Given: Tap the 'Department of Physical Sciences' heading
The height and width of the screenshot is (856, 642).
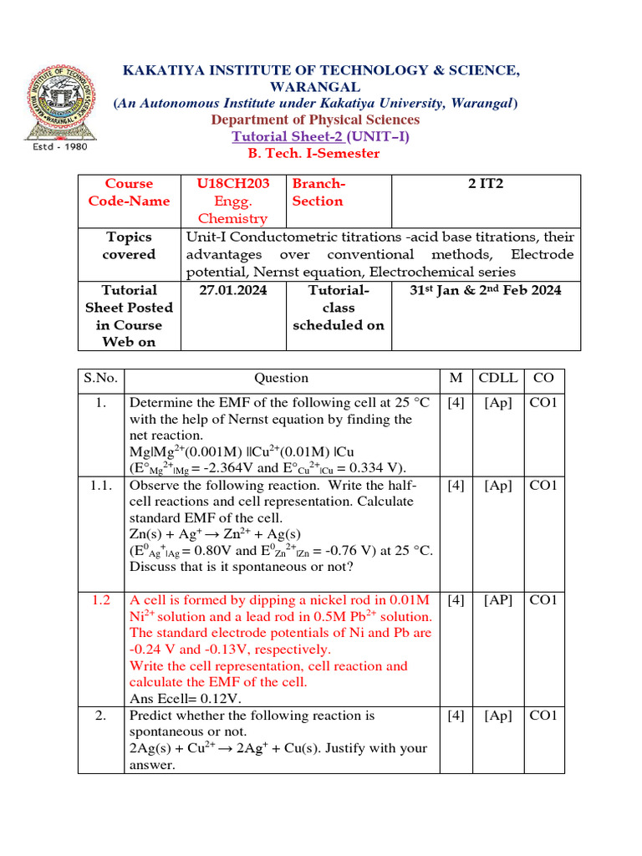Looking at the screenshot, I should point(315,120).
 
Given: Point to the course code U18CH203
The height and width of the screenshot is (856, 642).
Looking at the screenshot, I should point(229,184).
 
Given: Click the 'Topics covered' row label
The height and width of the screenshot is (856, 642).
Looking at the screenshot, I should point(129,246).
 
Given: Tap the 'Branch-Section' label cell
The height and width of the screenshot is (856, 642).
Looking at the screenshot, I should point(318,192).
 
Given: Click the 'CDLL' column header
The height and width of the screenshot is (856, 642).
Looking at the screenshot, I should point(498,379).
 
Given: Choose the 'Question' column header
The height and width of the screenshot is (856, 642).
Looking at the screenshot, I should point(281,379).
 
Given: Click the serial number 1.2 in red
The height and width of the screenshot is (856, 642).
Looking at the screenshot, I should point(101,600).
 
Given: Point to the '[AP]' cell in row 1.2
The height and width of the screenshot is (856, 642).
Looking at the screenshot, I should point(498,600).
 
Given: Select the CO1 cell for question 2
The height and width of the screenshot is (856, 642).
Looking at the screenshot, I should point(544,716).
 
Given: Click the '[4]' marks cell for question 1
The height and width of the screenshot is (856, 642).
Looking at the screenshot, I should point(456,403).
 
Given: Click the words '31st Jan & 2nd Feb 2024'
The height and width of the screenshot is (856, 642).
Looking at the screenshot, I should point(485,290).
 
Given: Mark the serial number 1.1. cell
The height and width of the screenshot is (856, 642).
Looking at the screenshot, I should point(101,486).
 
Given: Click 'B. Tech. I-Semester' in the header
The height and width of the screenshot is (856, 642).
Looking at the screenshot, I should point(313,154).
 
